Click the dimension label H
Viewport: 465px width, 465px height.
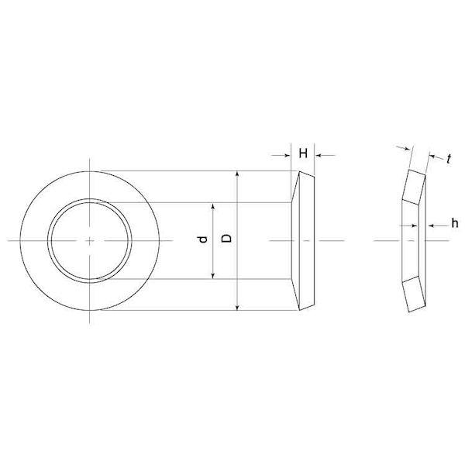(x=303, y=153)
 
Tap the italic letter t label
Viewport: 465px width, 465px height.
(x=449, y=159)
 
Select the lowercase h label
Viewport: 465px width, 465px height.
(x=455, y=222)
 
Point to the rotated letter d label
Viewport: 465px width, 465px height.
(x=203, y=239)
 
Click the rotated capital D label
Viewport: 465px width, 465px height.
(x=227, y=238)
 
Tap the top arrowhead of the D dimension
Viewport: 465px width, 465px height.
(x=237, y=174)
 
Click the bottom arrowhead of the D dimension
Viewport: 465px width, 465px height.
(x=237, y=308)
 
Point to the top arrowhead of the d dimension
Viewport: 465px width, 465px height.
(x=212, y=206)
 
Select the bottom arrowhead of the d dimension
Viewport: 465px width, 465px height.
(x=212, y=276)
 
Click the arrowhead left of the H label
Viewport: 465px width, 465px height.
(x=288, y=155)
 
